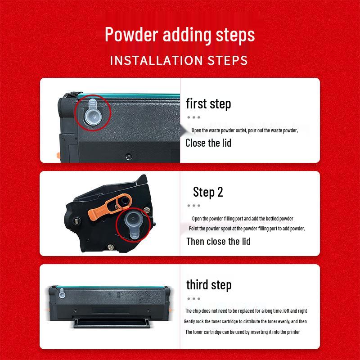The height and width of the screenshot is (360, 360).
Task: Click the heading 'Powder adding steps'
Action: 180,35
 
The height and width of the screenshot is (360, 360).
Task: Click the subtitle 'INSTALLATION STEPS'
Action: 179,61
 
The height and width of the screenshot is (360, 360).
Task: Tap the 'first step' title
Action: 208,103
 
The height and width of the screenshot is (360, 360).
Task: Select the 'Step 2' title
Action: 208,192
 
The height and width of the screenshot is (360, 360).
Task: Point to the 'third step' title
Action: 209,285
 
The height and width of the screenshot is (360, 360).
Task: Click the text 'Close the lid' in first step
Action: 208,143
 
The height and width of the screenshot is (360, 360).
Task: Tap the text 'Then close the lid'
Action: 218,242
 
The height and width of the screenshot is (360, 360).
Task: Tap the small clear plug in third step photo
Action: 62,293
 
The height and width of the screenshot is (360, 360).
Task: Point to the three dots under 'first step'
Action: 193,117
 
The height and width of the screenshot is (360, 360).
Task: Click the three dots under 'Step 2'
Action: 193,206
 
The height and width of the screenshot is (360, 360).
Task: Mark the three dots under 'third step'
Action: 193,299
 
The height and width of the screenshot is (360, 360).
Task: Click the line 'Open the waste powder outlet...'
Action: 245,130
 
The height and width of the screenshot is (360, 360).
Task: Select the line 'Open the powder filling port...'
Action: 243,219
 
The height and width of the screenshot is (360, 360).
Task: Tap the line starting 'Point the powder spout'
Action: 247,229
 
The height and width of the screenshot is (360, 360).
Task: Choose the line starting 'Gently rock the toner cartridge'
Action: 245,321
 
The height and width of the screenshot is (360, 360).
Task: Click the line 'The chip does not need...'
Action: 246,311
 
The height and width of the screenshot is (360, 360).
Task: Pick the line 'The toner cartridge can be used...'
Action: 243,332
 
